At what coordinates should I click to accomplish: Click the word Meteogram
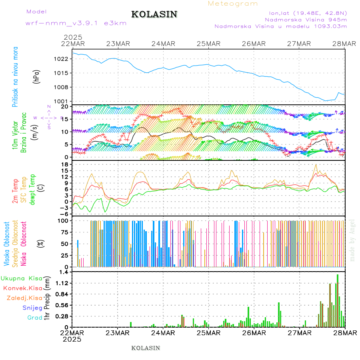point(233,4)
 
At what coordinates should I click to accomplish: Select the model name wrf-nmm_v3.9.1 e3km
point(76,23)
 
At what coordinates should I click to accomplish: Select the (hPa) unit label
point(36,76)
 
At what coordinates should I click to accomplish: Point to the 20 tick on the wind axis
point(64,107)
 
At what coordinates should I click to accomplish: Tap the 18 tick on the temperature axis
point(64,164)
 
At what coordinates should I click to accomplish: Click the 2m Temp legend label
point(15,191)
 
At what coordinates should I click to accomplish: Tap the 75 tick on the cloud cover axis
point(64,232)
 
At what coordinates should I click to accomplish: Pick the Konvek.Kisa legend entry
point(22,288)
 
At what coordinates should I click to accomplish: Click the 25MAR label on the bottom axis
point(208,333)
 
